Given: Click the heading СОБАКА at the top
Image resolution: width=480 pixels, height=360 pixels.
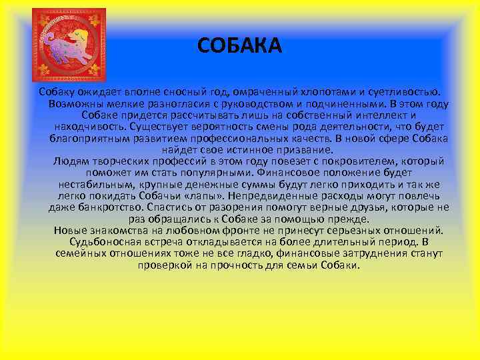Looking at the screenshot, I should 240,46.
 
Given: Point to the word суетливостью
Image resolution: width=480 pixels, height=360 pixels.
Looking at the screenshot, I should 403,92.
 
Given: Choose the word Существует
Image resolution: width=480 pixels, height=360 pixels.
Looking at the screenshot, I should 158,127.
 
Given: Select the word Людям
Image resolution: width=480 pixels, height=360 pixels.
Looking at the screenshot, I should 68,161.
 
